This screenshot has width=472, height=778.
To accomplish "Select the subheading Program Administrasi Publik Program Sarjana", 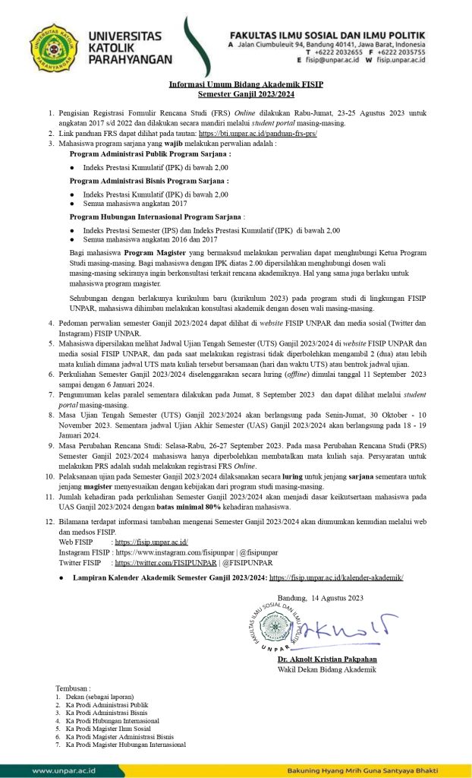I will click(x=140, y=153).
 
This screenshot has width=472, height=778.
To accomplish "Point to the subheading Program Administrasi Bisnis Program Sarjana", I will click(x=138, y=181).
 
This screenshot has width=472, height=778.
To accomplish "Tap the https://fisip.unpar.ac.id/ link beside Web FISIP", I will click(x=151, y=542).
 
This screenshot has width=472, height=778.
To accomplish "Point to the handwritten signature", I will click(x=346, y=625).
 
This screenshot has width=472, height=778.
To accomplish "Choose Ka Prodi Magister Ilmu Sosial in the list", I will click(x=107, y=728).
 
